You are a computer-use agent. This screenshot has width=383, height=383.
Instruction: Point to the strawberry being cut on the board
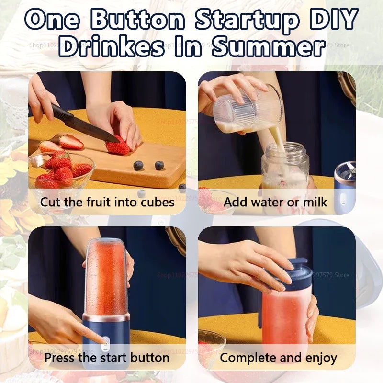(x=118, y=146)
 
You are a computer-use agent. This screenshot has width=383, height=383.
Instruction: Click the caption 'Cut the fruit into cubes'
(x=107, y=202)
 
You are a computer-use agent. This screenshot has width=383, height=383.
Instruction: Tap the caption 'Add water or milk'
(x=275, y=202)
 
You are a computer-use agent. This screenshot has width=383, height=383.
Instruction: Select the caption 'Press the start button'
(x=107, y=358)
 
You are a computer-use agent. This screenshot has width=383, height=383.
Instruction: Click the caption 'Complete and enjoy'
(x=278, y=358)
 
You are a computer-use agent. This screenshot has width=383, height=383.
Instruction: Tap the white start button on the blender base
(x=105, y=341)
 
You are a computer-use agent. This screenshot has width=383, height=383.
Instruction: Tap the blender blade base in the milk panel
(x=345, y=182)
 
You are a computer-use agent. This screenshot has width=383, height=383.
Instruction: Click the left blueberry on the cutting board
(x=138, y=166)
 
